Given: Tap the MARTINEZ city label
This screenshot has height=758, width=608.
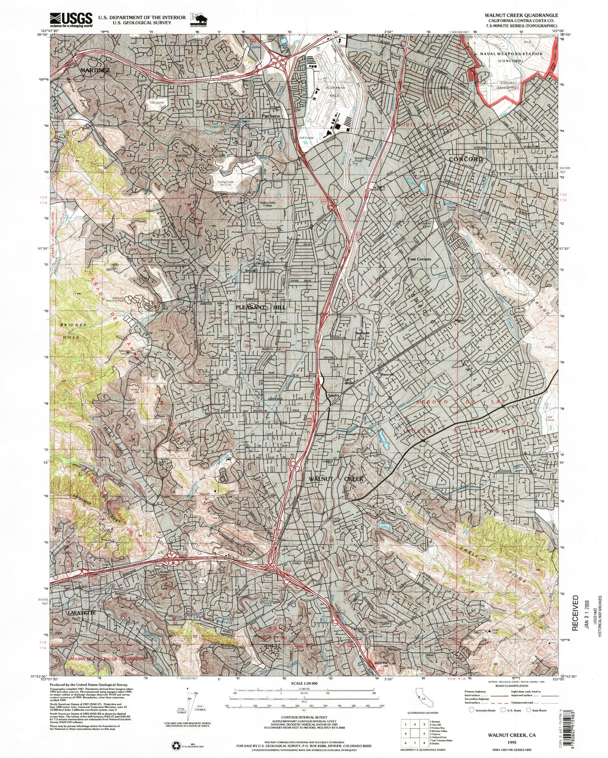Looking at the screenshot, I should pos(95,70).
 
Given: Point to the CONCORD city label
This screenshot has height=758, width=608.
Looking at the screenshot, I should pos(466,159).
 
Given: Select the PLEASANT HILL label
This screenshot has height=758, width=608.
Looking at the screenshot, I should pos(260,308).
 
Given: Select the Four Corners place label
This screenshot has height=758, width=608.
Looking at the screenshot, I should pos(420,259).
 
